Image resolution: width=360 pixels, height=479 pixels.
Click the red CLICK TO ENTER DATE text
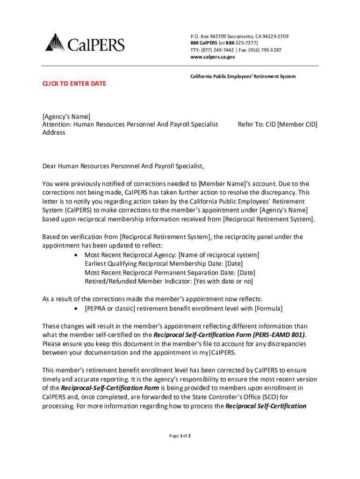coord(74,84)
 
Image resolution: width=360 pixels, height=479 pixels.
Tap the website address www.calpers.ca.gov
coord(213,57)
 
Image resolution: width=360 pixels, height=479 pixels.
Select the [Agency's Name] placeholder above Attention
coord(66,116)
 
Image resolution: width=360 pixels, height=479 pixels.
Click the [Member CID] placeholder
coord(297,124)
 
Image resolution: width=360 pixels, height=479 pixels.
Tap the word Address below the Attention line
coord(54,132)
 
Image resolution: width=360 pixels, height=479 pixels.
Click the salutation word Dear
coord(50,166)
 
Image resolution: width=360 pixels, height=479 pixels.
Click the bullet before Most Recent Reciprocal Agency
coord(76,255)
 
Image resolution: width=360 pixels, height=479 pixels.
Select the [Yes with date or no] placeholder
coord(223,281)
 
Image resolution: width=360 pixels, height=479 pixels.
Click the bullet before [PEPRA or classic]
coord(76,309)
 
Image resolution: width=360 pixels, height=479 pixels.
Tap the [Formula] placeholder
coord(268,308)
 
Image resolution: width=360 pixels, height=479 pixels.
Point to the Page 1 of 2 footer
coord(180,436)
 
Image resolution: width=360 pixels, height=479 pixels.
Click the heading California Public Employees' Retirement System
coord(242,76)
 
